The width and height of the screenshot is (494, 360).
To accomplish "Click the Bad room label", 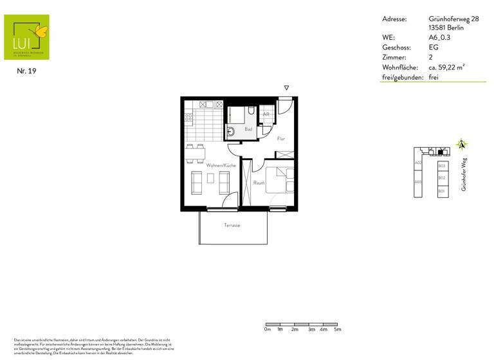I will click(248, 130).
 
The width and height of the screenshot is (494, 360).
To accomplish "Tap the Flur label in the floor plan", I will click(280, 139).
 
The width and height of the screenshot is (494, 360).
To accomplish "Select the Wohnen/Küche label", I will click(221, 166).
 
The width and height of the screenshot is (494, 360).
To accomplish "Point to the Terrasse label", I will click(232, 225).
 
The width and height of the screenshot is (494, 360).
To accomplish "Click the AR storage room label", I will click(266, 114).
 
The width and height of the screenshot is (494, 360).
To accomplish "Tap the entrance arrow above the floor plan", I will click(287, 88).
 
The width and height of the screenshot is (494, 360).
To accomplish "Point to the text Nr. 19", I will click(26, 71).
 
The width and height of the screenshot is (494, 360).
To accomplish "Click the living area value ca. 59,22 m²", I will click(446, 67).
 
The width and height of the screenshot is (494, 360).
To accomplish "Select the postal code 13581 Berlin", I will click(444, 28).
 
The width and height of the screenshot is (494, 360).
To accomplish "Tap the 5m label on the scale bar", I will click(337, 329).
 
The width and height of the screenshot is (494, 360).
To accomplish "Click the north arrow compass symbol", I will click(461, 145).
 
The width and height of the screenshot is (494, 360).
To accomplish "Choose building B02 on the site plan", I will click(441, 178).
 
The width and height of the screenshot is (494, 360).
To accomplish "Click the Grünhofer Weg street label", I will click(463, 174).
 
